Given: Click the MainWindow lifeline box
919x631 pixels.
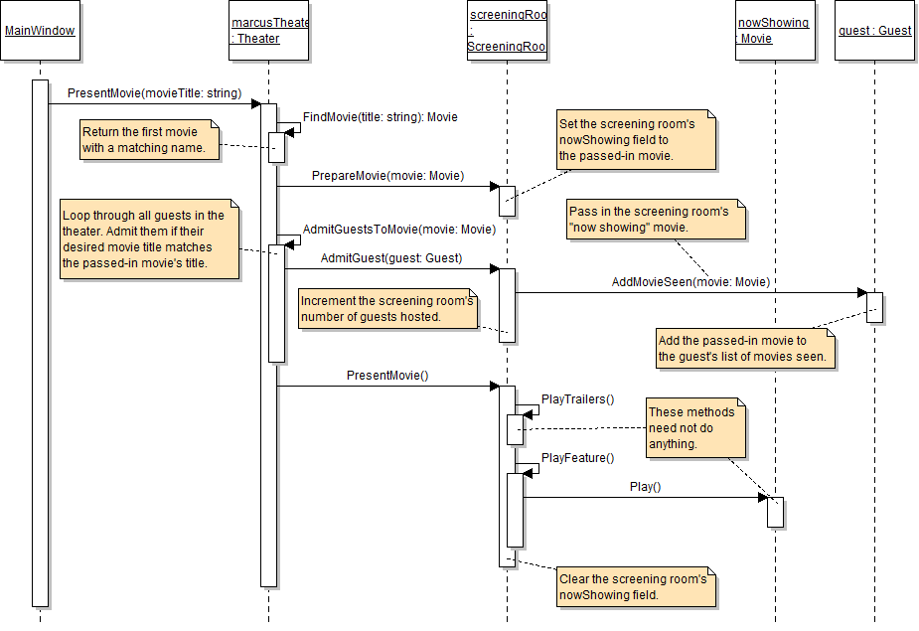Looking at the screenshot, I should [40, 31].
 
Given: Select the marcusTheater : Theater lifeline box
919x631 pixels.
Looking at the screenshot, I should [268, 31].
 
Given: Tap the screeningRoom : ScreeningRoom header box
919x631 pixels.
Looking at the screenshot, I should [507, 31].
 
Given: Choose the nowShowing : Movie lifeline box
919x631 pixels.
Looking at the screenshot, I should [774, 31].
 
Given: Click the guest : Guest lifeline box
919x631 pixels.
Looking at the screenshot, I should [874, 31].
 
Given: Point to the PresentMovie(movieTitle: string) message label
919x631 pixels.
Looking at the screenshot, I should [154, 93].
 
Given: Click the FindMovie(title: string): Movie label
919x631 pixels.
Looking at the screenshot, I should [380, 117].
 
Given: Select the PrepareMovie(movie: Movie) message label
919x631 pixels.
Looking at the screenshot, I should [388, 176].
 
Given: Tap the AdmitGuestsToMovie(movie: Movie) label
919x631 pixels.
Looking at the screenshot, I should [398, 230].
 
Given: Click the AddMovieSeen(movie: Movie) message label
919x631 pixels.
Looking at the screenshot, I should [690, 282].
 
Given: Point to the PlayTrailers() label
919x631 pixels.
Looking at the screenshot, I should [577, 399].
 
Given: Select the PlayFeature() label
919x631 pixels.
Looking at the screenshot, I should [577, 458].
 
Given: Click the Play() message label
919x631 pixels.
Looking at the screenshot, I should [645, 487].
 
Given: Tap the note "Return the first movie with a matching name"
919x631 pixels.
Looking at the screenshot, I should [149, 140].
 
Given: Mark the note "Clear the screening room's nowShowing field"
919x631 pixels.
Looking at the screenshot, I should [636, 586].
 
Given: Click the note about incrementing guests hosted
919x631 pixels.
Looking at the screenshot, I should [387, 308].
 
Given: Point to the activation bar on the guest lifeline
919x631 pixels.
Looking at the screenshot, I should [874, 307].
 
